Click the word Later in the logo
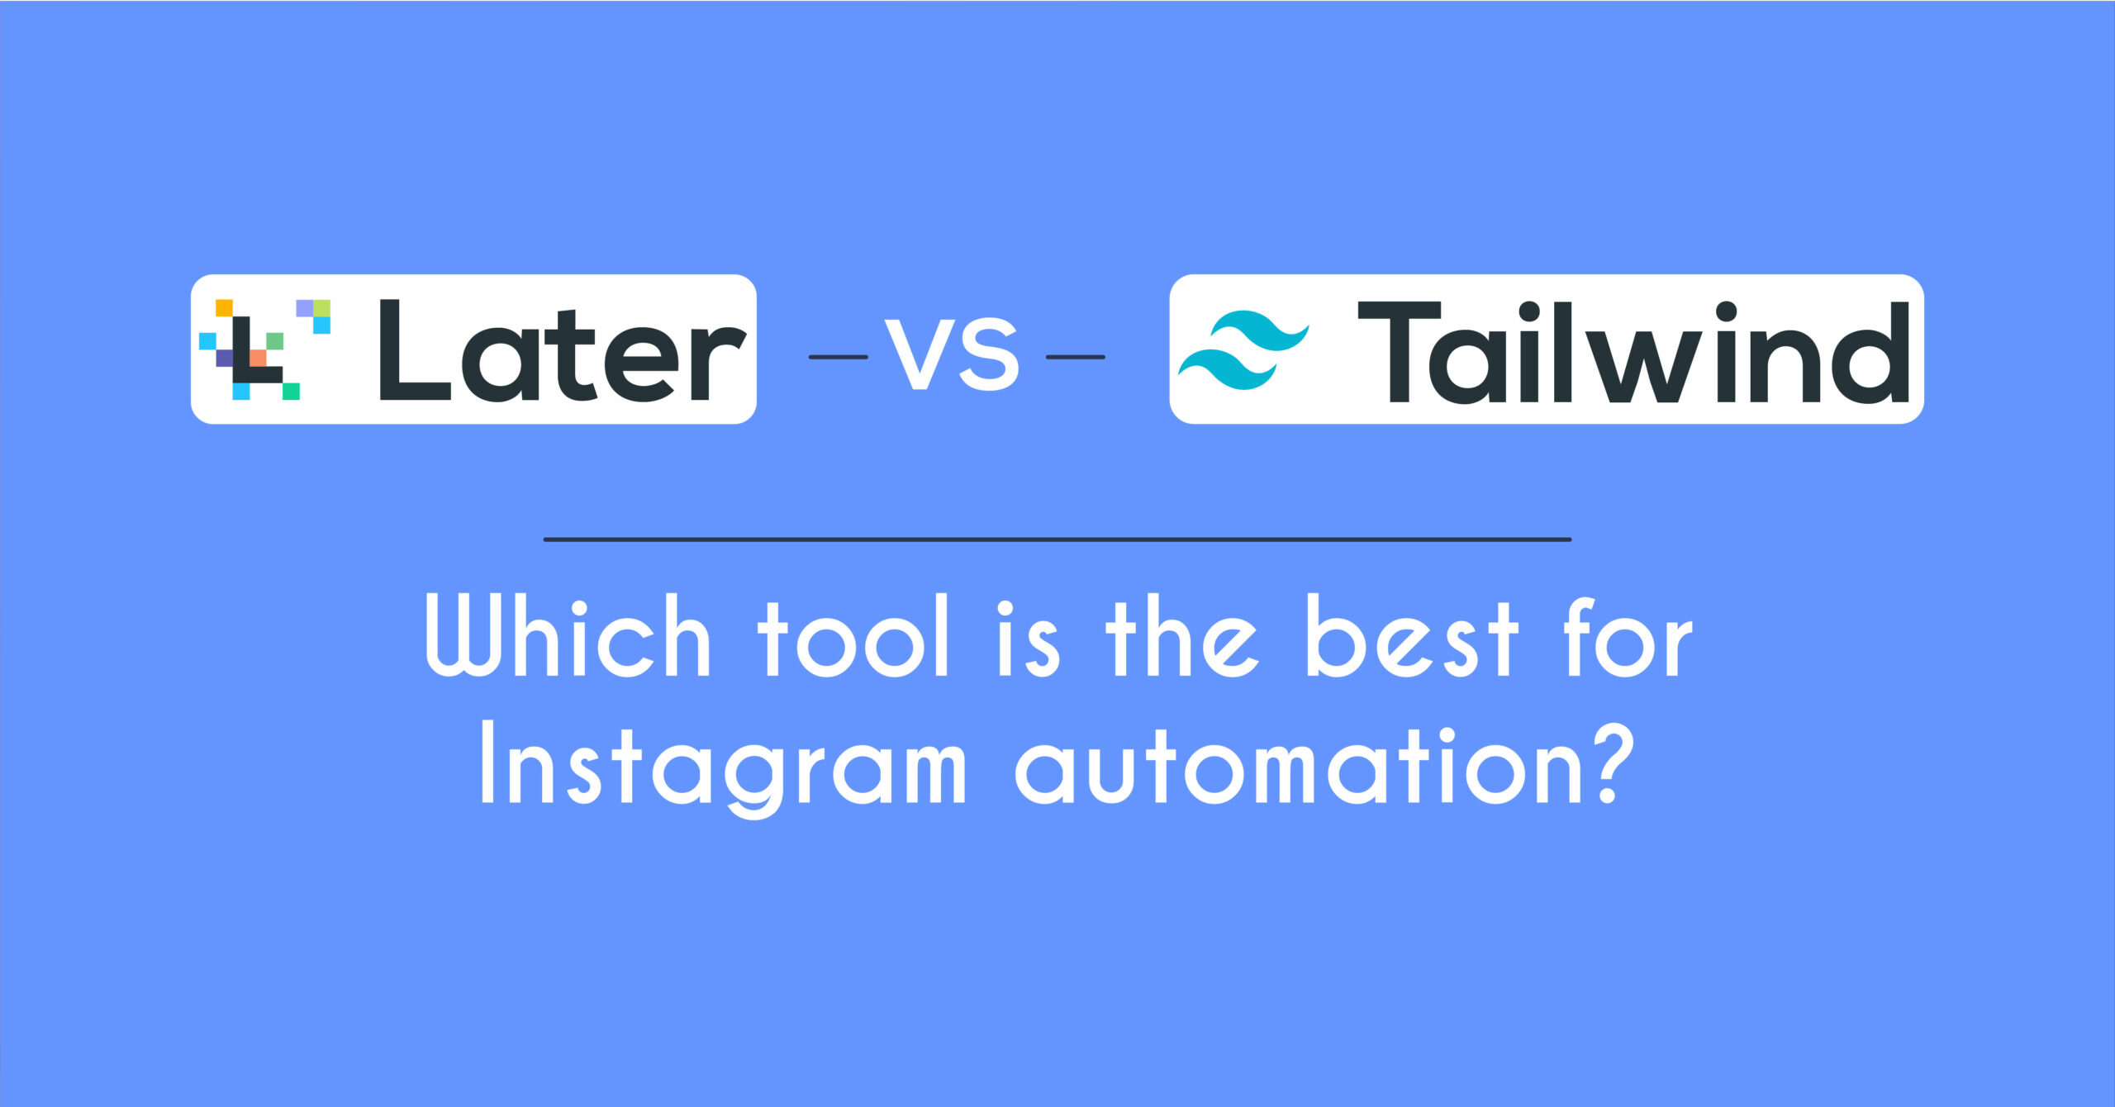click(x=563, y=350)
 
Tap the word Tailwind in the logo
click(x=1634, y=352)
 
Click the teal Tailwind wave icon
click(x=1243, y=349)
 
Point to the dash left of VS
click(x=839, y=357)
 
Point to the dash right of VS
click(x=1076, y=357)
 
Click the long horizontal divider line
click(x=1057, y=539)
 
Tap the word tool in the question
click(x=853, y=636)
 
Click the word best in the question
click(x=1412, y=636)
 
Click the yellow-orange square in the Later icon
click(x=224, y=307)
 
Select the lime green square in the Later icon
click(x=321, y=307)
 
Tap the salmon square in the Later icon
click(x=258, y=358)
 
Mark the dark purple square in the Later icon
click(x=224, y=358)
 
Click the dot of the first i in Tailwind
click(x=1528, y=311)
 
